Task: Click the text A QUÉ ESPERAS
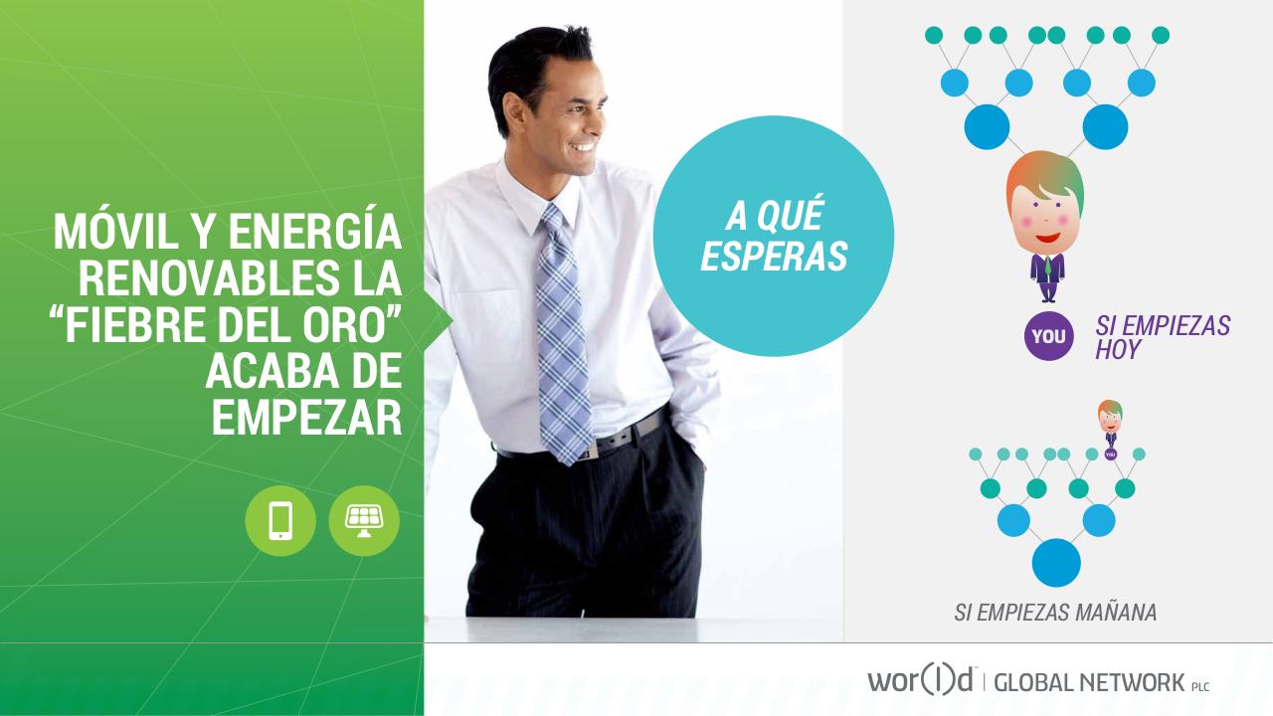click(x=773, y=236)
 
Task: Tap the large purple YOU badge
click(x=1048, y=336)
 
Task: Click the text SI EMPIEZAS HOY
click(x=1162, y=337)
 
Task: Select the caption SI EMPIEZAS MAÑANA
click(x=1055, y=613)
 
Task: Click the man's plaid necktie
click(x=561, y=328)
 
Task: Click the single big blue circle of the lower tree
click(x=1056, y=562)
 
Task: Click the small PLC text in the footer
click(x=1200, y=686)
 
